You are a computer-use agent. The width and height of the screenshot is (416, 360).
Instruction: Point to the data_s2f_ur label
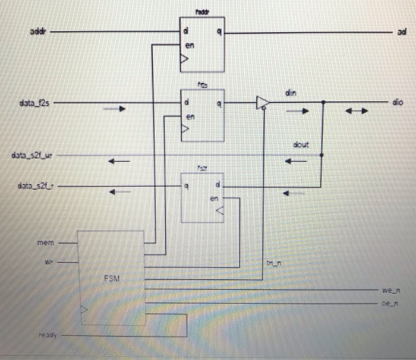click(33, 156)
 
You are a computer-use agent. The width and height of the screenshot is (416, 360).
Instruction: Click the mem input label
click(46, 242)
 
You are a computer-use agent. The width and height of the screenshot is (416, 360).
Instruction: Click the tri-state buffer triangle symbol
click(261, 103)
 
